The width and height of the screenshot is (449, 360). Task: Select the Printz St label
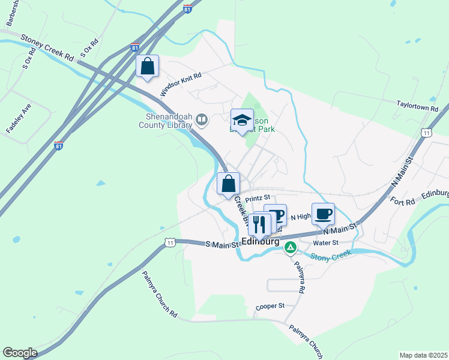(x=258, y=196)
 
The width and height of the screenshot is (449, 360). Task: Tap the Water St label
(x=327, y=242)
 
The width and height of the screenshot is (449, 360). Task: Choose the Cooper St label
(x=270, y=306)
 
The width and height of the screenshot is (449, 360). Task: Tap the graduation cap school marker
(x=243, y=120)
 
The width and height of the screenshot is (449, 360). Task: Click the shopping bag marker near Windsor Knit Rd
(x=148, y=67)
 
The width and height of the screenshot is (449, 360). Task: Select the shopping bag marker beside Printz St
(x=229, y=184)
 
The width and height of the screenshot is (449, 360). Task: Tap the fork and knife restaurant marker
(x=259, y=223)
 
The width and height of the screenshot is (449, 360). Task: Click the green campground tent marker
(x=291, y=247)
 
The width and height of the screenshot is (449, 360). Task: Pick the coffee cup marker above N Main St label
(x=323, y=214)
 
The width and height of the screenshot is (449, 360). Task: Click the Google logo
(x=20, y=353)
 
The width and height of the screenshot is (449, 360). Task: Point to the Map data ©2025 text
(x=424, y=355)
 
